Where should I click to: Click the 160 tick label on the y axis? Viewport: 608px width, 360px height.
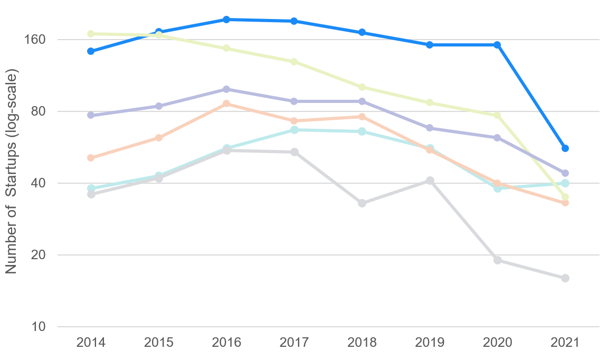point(35,40)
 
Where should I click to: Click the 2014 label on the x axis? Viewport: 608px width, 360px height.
point(91,343)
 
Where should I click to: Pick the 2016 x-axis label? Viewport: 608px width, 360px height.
point(226,343)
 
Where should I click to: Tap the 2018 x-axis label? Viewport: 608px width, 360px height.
point(362,343)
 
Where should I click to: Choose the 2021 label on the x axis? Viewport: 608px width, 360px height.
point(565,343)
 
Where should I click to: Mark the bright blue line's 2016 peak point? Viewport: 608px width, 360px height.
point(226,20)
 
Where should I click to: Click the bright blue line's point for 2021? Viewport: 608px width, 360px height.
point(565,148)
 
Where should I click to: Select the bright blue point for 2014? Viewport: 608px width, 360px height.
point(91,51)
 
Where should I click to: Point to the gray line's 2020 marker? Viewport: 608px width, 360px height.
point(497,260)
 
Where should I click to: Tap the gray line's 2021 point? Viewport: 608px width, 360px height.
point(565,278)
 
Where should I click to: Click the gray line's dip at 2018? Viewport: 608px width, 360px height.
point(362,203)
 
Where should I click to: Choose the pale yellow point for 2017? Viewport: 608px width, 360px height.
point(294,62)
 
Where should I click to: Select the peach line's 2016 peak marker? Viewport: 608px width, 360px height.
point(226,103)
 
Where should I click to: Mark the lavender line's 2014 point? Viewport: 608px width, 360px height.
point(91,115)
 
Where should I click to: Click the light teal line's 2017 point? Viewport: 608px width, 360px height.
point(294,130)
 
